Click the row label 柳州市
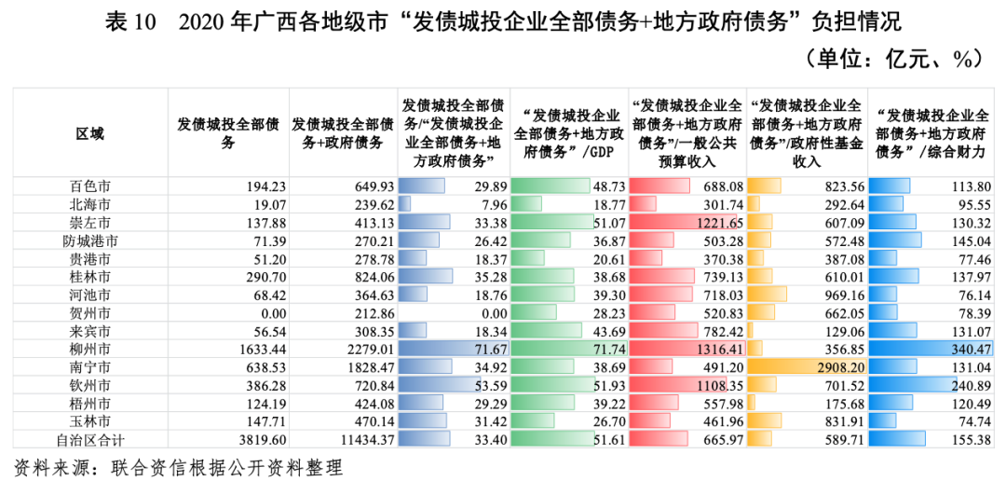point(90,350)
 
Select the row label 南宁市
point(90,367)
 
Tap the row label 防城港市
point(90,240)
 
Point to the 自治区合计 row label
point(90,439)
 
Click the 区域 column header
point(90,133)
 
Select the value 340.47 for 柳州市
point(966,350)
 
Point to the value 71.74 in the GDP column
point(604,350)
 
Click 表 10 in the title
point(129,21)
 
